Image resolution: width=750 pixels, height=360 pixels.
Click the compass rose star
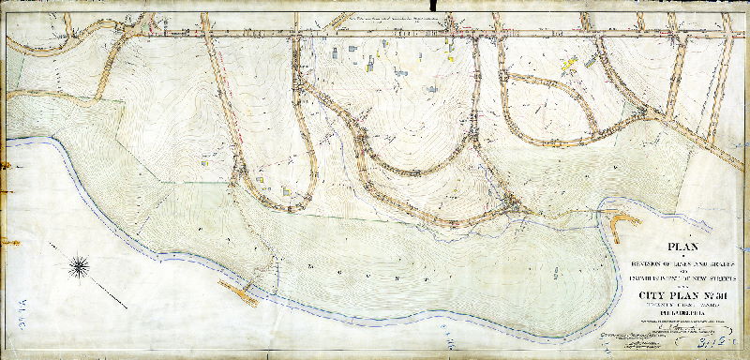coord(82,265)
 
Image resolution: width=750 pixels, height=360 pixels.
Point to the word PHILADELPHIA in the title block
coord(679,316)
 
